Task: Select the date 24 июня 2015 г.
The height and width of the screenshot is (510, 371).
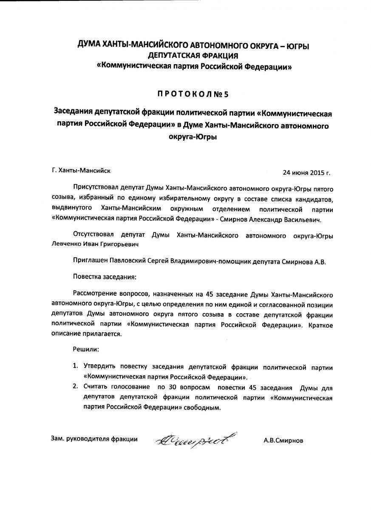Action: pyautogui.click(x=306, y=173)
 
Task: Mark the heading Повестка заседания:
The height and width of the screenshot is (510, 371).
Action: pyautogui.click(x=105, y=277)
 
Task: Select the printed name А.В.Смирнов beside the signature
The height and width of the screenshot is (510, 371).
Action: pyautogui.click(x=283, y=441)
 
